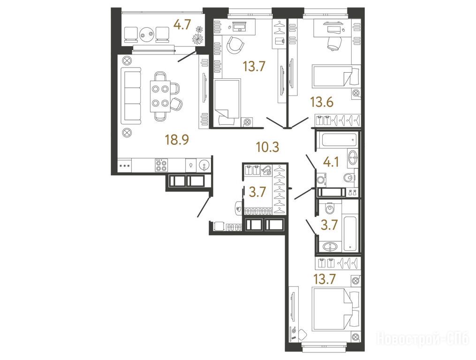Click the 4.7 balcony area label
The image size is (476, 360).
182,24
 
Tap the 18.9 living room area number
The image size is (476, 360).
177,140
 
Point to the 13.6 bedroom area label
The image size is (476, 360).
322,102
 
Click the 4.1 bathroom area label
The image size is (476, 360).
331,162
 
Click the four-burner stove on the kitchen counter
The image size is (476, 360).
161,165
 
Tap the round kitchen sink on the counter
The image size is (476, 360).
203,166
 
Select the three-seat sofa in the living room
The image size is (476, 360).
131,95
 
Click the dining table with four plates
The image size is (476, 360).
160,96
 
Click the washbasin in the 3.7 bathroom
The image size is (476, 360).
329,247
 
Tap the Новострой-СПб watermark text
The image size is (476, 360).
423,339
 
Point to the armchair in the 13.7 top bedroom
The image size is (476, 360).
235,45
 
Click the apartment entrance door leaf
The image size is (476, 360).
204,207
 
